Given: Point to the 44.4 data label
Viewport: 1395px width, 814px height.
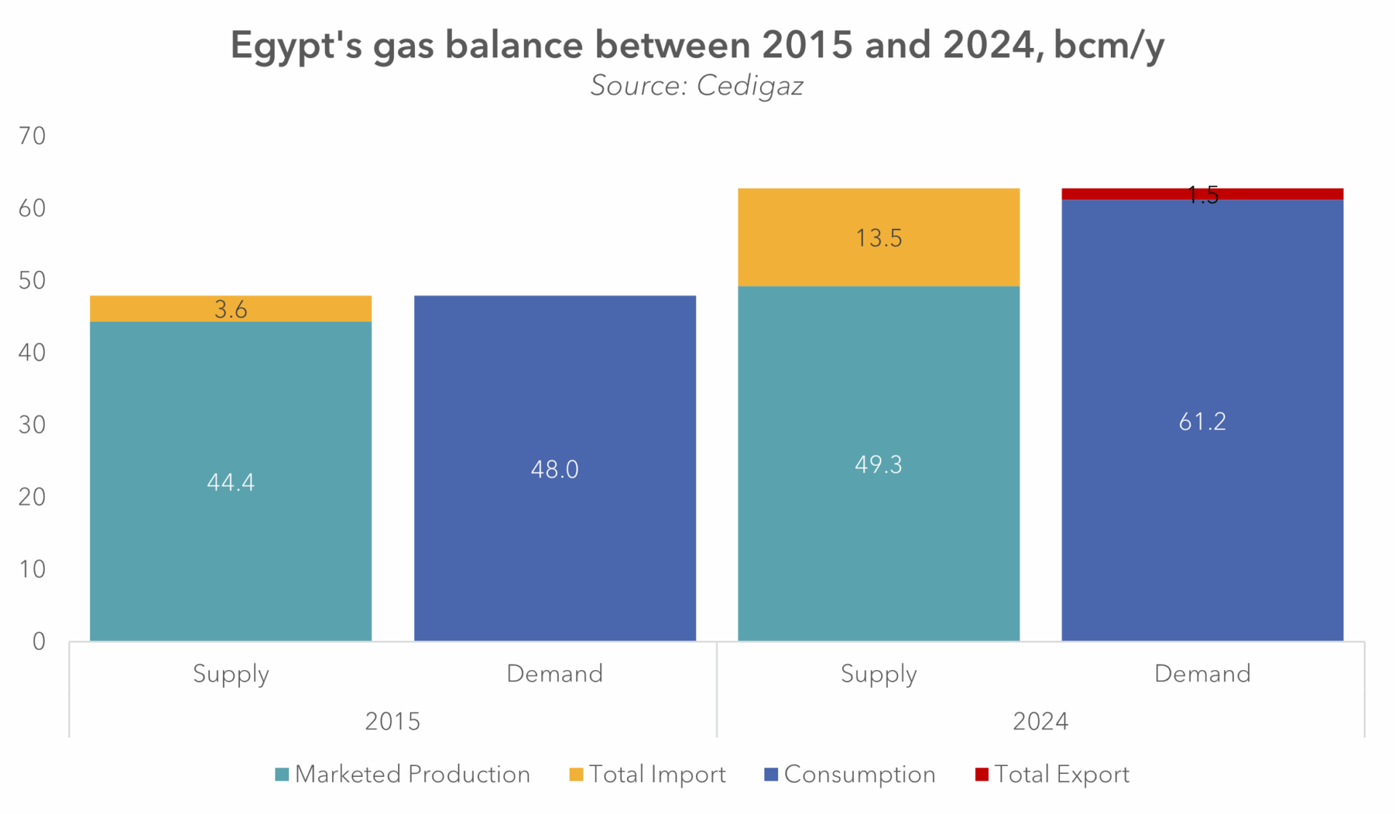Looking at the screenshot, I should [x=230, y=483].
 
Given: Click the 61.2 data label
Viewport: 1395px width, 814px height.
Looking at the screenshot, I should [x=1202, y=422].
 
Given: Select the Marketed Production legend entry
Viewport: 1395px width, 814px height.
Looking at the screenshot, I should [x=403, y=774].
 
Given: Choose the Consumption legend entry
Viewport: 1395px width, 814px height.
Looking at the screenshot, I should [x=849, y=774].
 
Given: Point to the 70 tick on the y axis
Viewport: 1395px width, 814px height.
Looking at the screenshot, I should [x=32, y=136].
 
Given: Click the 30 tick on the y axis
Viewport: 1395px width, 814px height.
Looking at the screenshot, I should [x=32, y=424].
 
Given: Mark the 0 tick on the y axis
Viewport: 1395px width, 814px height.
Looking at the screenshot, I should [x=39, y=641].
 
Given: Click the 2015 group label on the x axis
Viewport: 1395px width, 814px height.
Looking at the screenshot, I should [x=392, y=721].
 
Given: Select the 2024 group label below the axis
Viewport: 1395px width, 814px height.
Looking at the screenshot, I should [x=1040, y=721].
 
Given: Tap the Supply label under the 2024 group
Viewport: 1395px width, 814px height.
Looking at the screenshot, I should [x=878, y=674].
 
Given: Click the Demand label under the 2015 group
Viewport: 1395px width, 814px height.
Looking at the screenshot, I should [x=554, y=674].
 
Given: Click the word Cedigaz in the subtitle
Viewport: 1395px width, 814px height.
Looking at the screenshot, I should [x=749, y=86].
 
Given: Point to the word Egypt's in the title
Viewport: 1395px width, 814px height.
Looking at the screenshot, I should [x=295, y=45].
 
